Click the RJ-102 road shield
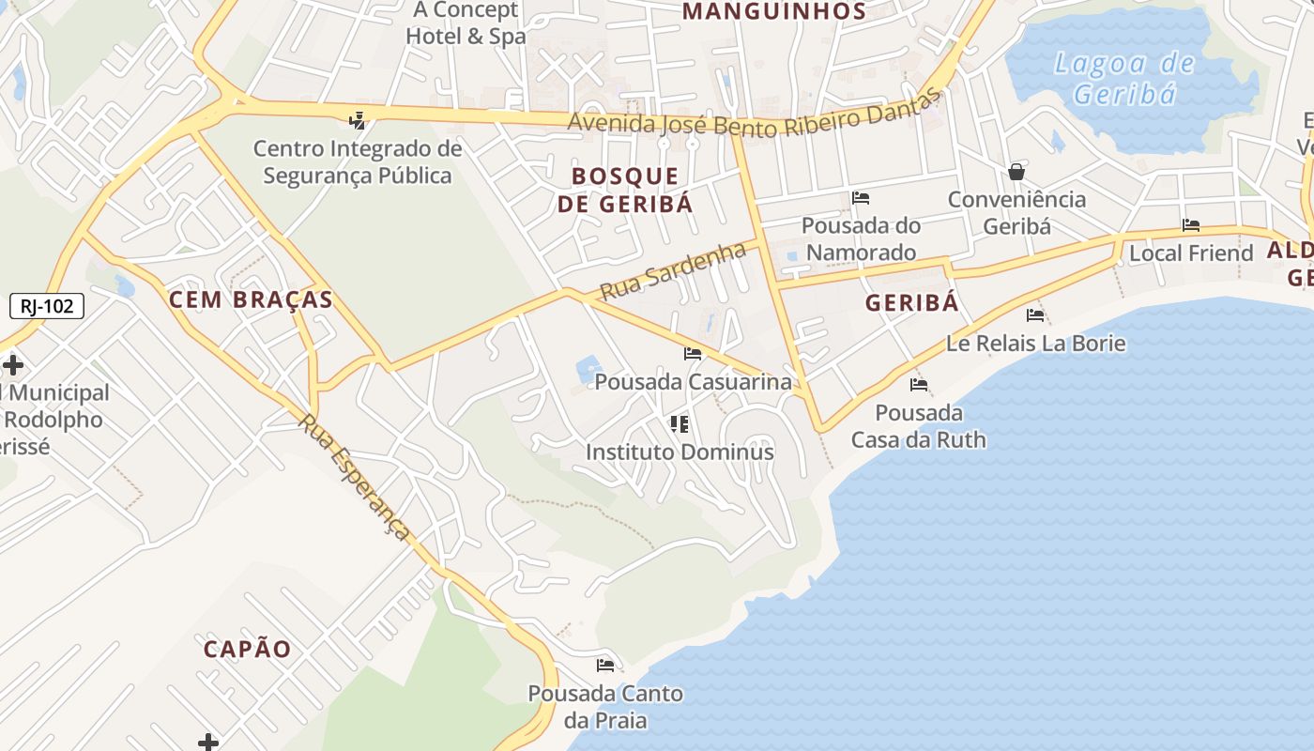47,305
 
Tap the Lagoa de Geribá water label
1123,79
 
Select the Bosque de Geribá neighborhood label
625,190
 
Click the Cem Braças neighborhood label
251,299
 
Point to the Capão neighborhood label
248,649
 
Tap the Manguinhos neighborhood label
774,11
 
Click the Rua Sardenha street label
672,270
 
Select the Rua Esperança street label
355,477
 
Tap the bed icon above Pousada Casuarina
693,354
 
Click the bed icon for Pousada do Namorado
861,197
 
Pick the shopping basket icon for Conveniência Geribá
1016,172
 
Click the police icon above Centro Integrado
357,120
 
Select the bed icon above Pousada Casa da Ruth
919,384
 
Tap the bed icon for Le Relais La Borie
1035,314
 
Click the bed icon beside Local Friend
1191,225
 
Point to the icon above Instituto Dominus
680,423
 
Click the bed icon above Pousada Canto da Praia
605,666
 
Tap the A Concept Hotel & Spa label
466,23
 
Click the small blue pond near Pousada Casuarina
588,367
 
